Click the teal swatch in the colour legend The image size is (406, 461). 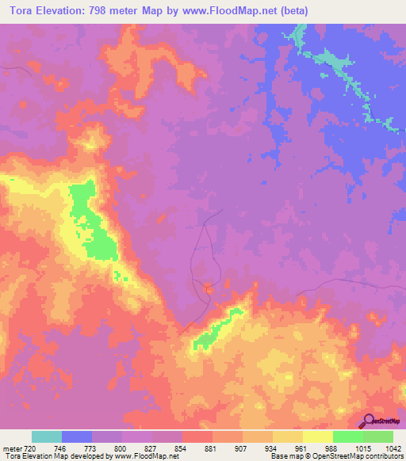(x=47, y=436)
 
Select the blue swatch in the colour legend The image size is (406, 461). (x=77, y=436)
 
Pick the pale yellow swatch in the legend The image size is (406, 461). (x=318, y=436)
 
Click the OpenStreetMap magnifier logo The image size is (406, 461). (x=367, y=421)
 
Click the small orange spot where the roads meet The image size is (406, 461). (x=207, y=288)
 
